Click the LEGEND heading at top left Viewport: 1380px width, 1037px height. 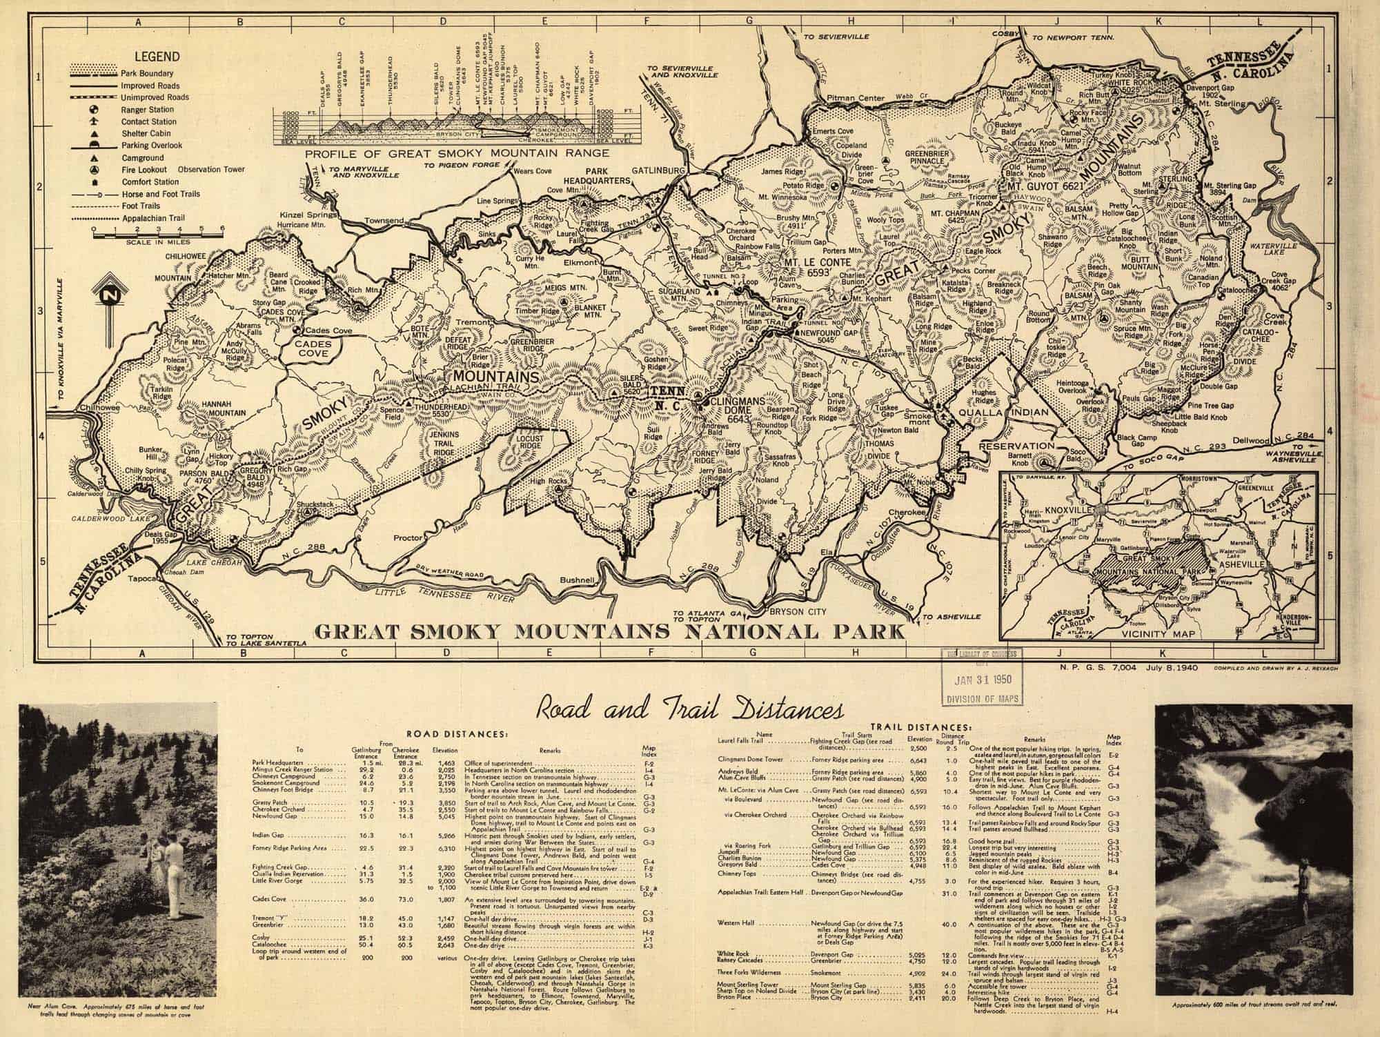point(157,57)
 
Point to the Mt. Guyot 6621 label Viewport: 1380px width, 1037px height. point(1046,187)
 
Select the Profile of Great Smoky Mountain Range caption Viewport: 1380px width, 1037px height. point(457,152)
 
